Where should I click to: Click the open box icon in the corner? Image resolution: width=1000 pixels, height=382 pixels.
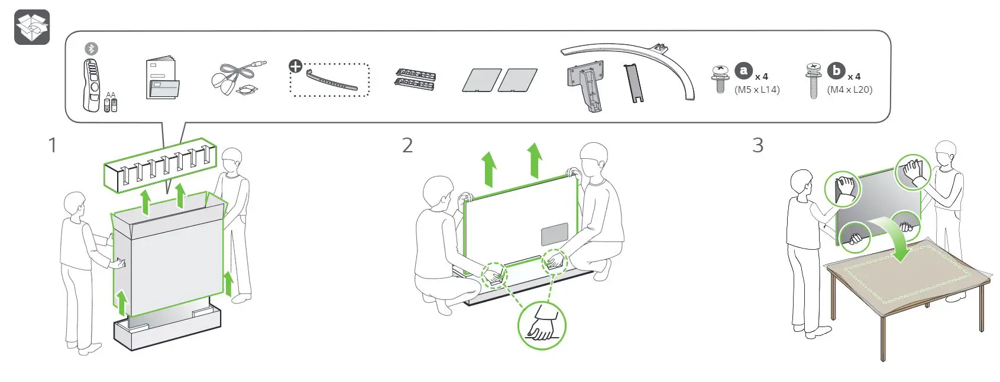point(32,27)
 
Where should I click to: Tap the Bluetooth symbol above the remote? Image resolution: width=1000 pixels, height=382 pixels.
point(91,48)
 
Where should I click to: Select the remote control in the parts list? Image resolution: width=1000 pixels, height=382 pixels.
point(92,86)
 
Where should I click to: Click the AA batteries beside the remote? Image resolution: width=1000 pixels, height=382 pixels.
point(111,104)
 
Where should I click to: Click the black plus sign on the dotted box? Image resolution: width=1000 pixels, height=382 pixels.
point(295,66)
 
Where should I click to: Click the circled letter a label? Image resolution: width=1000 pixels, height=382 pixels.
point(744,71)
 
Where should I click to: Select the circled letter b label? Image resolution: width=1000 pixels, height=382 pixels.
point(836,71)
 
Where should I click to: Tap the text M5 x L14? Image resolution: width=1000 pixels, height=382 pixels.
point(757,90)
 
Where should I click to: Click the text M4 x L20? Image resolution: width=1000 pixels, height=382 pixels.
point(850,90)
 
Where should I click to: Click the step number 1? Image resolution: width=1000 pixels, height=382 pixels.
point(53,145)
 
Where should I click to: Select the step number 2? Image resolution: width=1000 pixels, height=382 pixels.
point(407,145)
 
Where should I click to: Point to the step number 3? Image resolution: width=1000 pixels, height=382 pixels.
point(758,145)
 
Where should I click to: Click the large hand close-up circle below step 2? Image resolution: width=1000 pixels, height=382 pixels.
point(542,326)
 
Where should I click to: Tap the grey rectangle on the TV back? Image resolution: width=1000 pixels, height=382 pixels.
point(555,234)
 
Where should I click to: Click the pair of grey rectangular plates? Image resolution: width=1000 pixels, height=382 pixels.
point(500,80)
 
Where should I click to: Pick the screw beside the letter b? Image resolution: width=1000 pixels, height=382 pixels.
point(814,81)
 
